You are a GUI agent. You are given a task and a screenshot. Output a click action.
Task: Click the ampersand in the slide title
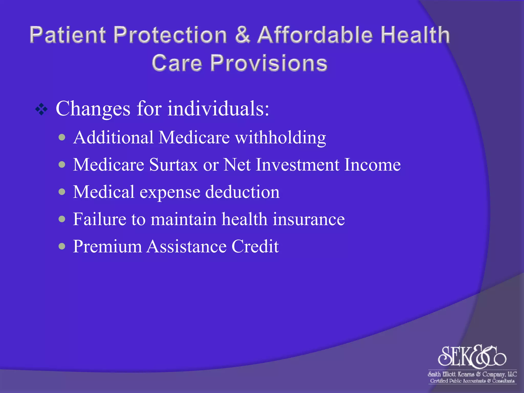click(x=242, y=35)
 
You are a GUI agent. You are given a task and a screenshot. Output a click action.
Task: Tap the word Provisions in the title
click(x=269, y=63)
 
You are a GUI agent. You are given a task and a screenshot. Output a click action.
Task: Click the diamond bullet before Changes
click(x=41, y=110)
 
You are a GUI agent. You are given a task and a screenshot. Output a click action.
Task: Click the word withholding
click(x=280, y=138)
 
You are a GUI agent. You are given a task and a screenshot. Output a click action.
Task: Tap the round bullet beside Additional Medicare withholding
click(x=62, y=138)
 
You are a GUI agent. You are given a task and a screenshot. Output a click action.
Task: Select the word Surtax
click(x=173, y=165)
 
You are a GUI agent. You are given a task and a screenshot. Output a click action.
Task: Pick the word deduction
click(x=242, y=192)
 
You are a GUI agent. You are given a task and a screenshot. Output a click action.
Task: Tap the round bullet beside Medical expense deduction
click(x=62, y=192)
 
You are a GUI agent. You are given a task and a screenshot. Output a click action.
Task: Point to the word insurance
click(x=309, y=219)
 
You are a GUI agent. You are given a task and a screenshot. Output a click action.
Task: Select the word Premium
click(x=107, y=247)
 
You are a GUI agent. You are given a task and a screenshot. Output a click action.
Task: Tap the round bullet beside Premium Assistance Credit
click(x=62, y=246)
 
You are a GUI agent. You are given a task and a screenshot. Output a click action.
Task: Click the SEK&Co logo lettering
click(x=472, y=356)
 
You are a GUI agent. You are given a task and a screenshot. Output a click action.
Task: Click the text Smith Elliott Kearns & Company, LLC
click(x=472, y=374)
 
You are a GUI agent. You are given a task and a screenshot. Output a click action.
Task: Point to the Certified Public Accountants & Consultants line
click(x=472, y=381)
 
